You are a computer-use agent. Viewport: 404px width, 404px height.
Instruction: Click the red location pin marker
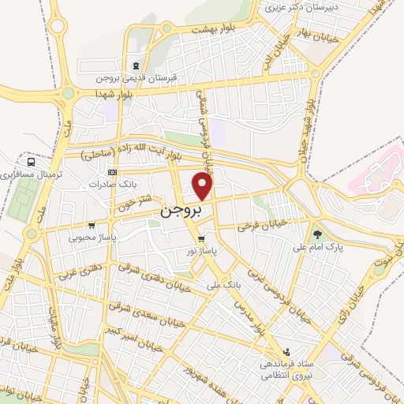204,187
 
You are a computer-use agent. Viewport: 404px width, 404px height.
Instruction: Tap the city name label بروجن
181,211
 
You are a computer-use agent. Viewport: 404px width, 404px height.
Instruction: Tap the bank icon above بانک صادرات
112,170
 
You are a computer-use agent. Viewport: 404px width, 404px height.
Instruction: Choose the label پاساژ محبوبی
92,236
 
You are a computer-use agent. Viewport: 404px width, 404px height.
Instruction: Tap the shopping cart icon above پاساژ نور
202,238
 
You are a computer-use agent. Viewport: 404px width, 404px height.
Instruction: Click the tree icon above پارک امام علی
317,234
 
